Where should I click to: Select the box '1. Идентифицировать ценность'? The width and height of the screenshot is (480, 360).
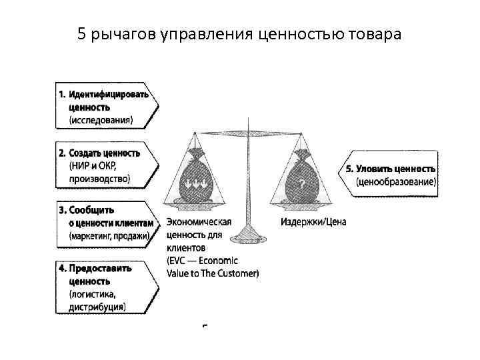pos(107,106)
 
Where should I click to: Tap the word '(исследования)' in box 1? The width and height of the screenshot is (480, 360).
pos(101,120)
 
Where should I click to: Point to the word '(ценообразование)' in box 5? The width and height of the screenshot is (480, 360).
pos(396,181)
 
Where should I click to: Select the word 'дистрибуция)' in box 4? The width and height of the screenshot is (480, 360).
pos(97,307)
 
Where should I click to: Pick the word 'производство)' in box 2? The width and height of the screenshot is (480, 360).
pos(99,178)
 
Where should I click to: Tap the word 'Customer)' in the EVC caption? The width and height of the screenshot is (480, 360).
pos(239,273)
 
